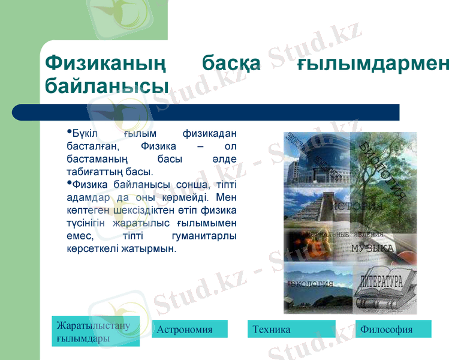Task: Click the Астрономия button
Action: (x=189, y=329)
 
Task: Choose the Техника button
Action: (x=291, y=329)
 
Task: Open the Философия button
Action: (x=393, y=329)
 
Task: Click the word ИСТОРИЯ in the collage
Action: (x=357, y=206)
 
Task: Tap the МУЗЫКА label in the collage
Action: (x=372, y=248)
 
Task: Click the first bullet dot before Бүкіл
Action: (x=70, y=130)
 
